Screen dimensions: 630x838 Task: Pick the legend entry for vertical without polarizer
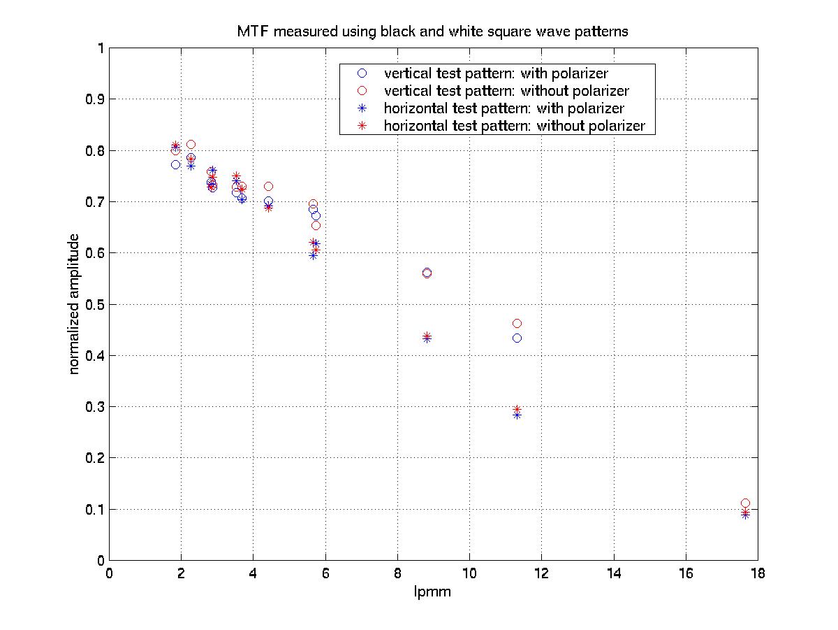coord(501,91)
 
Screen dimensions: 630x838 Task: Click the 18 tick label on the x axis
coord(757,574)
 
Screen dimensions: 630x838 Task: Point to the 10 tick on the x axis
coord(469,574)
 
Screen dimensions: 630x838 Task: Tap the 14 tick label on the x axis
coord(614,574)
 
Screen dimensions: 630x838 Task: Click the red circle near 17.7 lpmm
coord(745,503)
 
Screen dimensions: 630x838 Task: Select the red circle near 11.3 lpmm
coord(517,323)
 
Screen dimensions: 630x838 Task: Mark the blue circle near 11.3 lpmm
coord(517,338)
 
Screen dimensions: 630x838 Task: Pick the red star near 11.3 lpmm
coord(517,410)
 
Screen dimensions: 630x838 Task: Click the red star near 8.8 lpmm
coord(427,336)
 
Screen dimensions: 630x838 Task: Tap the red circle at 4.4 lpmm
coord(268,187)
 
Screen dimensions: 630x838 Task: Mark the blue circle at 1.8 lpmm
coord(175,164)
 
